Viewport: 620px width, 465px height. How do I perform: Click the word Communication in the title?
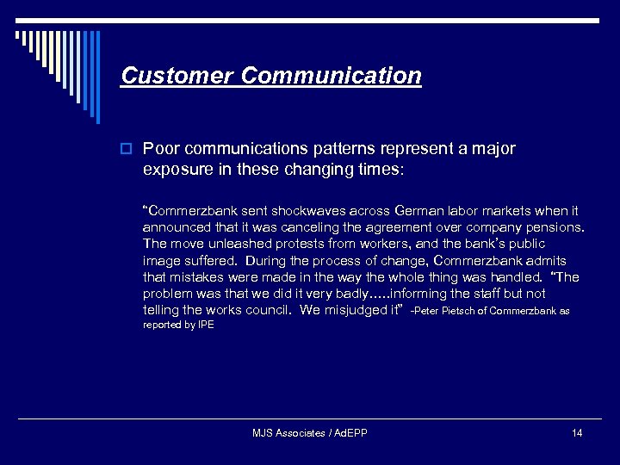[332, 76]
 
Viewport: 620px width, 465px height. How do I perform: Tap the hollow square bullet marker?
[127, 150]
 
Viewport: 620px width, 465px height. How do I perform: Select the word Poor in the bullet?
[160, 149]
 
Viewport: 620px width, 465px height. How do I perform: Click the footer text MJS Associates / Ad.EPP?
[309, 433]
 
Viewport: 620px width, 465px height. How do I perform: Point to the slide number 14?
[576, 433]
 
